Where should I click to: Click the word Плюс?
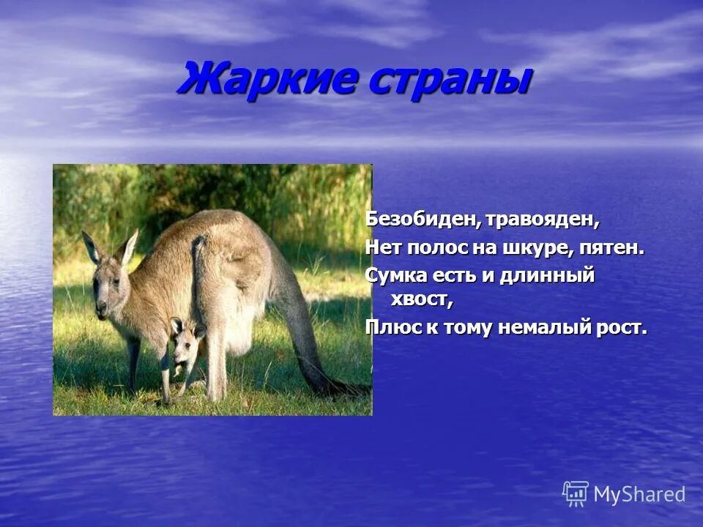[393, 327]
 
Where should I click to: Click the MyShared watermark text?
[639, 495]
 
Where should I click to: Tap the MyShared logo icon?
[576, 493]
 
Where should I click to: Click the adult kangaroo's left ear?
[92, 247]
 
